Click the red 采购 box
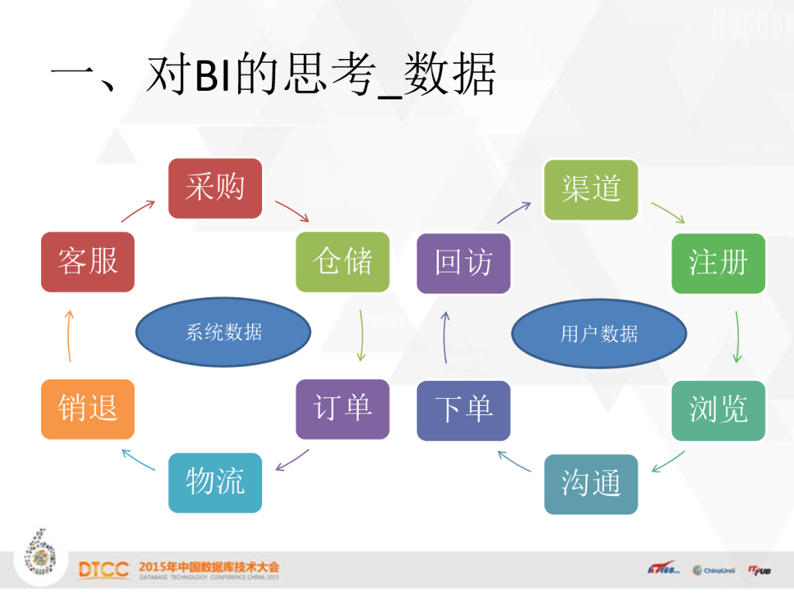pyautogui.click(x=215, y=188)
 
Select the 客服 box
pyautogui.click(x=88, y=262)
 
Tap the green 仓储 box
pyautogui.click(x=342, y=262)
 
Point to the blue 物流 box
pyautogui.click(x=215, y=483)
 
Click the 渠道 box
pyautogui.click(x=591, y=189)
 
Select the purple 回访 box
pyautogui.click(x=464, y=262)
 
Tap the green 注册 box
pyautogui.click(x=718, y=262)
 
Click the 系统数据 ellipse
pyautogui.click(x=223, y=333)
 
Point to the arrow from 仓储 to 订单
pyautogui.click(x=361, y=335)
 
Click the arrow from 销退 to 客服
pyautogui.click(x=69, y=335)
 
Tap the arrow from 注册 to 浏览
pyautogui.click(x=737, y=336)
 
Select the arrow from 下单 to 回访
pyautogui.click(x=445, y=336)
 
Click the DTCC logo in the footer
pyautogui.click(x=103, y=570)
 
